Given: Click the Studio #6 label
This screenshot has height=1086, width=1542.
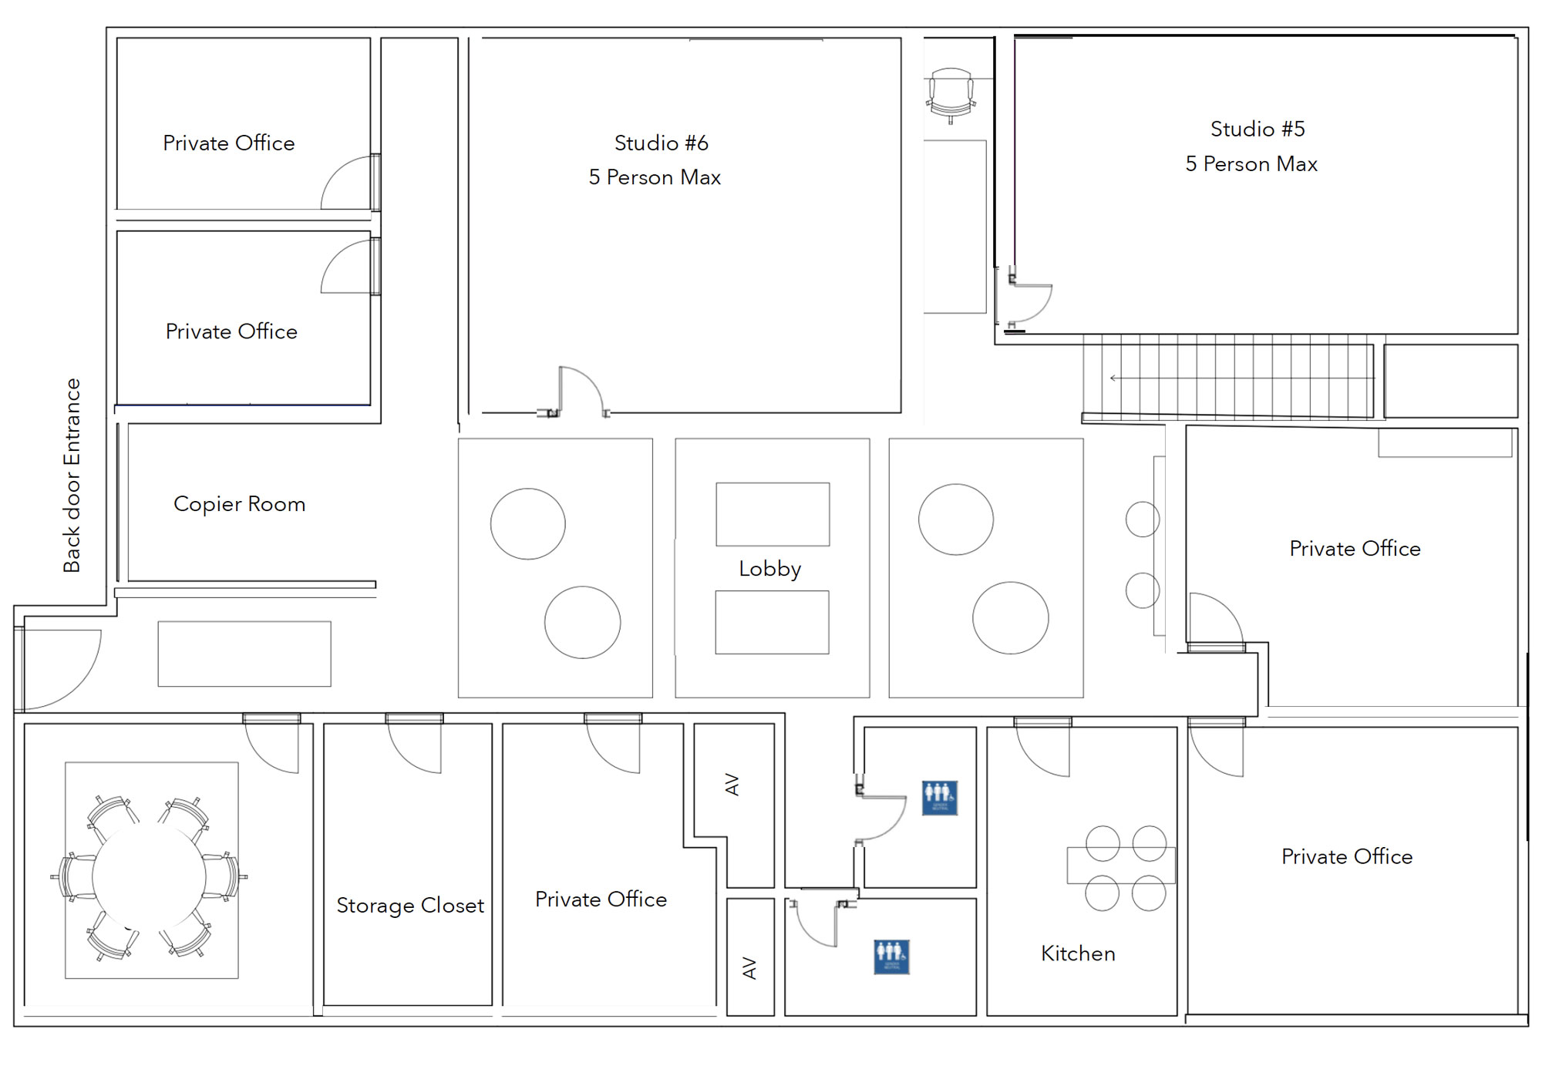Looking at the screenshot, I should [x=661, y=143].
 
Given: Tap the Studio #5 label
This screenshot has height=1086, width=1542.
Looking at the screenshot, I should [x=1257, y=129].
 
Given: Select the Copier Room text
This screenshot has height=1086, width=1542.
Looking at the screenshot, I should [x=239, y=504].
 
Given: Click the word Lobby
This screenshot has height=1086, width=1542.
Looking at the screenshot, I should [x=769, y=569].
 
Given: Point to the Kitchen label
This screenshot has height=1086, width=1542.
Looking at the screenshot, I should [x=1077, y=953].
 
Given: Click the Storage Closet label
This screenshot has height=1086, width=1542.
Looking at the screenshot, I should [x=409, y=906].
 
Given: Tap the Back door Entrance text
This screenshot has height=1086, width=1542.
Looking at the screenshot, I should [x=72, y=476].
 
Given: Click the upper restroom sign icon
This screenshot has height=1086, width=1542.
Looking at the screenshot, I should [x=939, y=798].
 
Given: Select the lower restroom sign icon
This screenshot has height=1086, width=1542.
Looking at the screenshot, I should [x=891, y=957].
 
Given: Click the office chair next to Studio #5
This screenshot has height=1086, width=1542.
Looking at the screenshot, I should [x=951, y=95].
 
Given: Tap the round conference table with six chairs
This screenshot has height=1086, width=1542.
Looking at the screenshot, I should [x=149, y=877].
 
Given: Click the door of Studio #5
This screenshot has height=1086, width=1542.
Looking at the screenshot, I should [x=1031, y=303].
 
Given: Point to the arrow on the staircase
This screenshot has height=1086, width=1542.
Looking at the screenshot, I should [x=1115, y=378].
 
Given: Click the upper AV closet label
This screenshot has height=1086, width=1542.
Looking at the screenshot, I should [x=732, y=785].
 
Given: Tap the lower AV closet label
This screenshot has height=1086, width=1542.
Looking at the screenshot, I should [x=749, y=968].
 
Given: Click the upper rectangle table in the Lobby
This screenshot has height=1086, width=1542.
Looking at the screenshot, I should [x=773, y=514].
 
